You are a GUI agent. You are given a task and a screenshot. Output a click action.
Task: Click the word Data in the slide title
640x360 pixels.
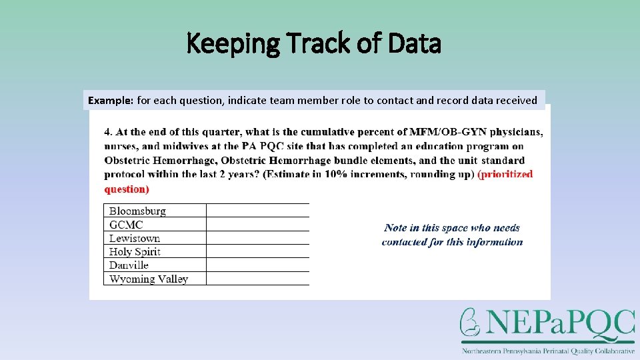pos(414,44)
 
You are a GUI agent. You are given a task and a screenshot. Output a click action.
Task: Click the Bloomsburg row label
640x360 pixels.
pos(137,211)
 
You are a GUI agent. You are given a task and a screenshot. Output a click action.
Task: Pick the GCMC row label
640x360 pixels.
pos(126,225)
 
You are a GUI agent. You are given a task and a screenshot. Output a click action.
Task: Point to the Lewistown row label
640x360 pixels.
pos(135,238)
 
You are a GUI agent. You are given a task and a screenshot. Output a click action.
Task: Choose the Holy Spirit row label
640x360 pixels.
pos(135,251)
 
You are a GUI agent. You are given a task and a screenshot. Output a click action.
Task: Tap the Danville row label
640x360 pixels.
pos(129,265)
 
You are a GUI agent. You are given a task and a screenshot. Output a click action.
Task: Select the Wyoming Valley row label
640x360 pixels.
pos(149,279)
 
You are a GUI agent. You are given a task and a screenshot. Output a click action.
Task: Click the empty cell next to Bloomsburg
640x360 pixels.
pos(257,211)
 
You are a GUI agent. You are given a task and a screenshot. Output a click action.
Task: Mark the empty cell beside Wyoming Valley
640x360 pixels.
pos(257,279)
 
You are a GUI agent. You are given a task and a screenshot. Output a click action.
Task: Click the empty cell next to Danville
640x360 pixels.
pos(257,265)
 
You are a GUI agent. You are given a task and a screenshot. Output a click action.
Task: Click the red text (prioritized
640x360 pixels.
pos(505,175)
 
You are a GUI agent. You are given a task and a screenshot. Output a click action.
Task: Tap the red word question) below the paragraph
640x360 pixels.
pos(127,189)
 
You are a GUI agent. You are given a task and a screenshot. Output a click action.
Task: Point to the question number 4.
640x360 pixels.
pos(107,132)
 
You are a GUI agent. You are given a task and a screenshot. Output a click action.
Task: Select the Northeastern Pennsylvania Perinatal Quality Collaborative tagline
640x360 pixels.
pos(548,351)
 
